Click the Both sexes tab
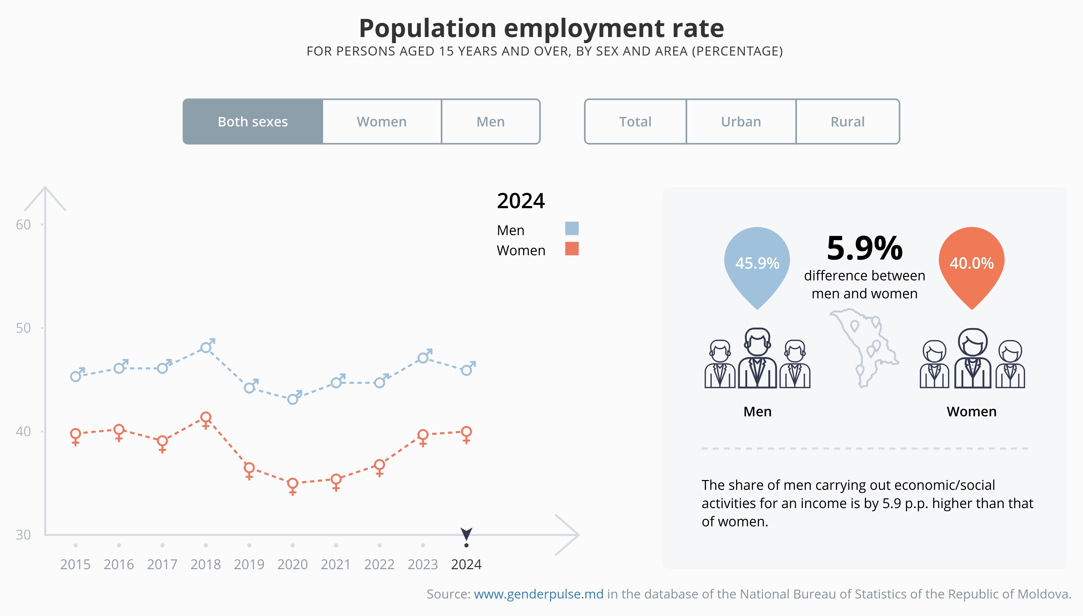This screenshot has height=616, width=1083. coord(253,122)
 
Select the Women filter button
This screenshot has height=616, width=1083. coord(382,122)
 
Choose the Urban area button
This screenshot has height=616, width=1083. coord(741,122)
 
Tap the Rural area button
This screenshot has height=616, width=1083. coord(847,122)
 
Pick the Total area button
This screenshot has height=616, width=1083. coord(635,122)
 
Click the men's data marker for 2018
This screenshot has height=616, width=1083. coord(206,347)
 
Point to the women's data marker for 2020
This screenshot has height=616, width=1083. coord(293,483)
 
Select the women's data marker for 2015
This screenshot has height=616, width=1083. coord(76,434)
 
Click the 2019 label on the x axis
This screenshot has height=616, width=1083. coord(249,564)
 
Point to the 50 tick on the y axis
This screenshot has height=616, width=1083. coord(23,328)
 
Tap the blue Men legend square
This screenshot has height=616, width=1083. coord(572,229)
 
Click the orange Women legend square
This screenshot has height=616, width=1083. coord(572,249)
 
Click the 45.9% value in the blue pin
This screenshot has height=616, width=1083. coord(757,263)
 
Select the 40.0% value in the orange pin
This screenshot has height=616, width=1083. coord(971,263)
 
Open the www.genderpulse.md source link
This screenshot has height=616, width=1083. coord(538,594)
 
